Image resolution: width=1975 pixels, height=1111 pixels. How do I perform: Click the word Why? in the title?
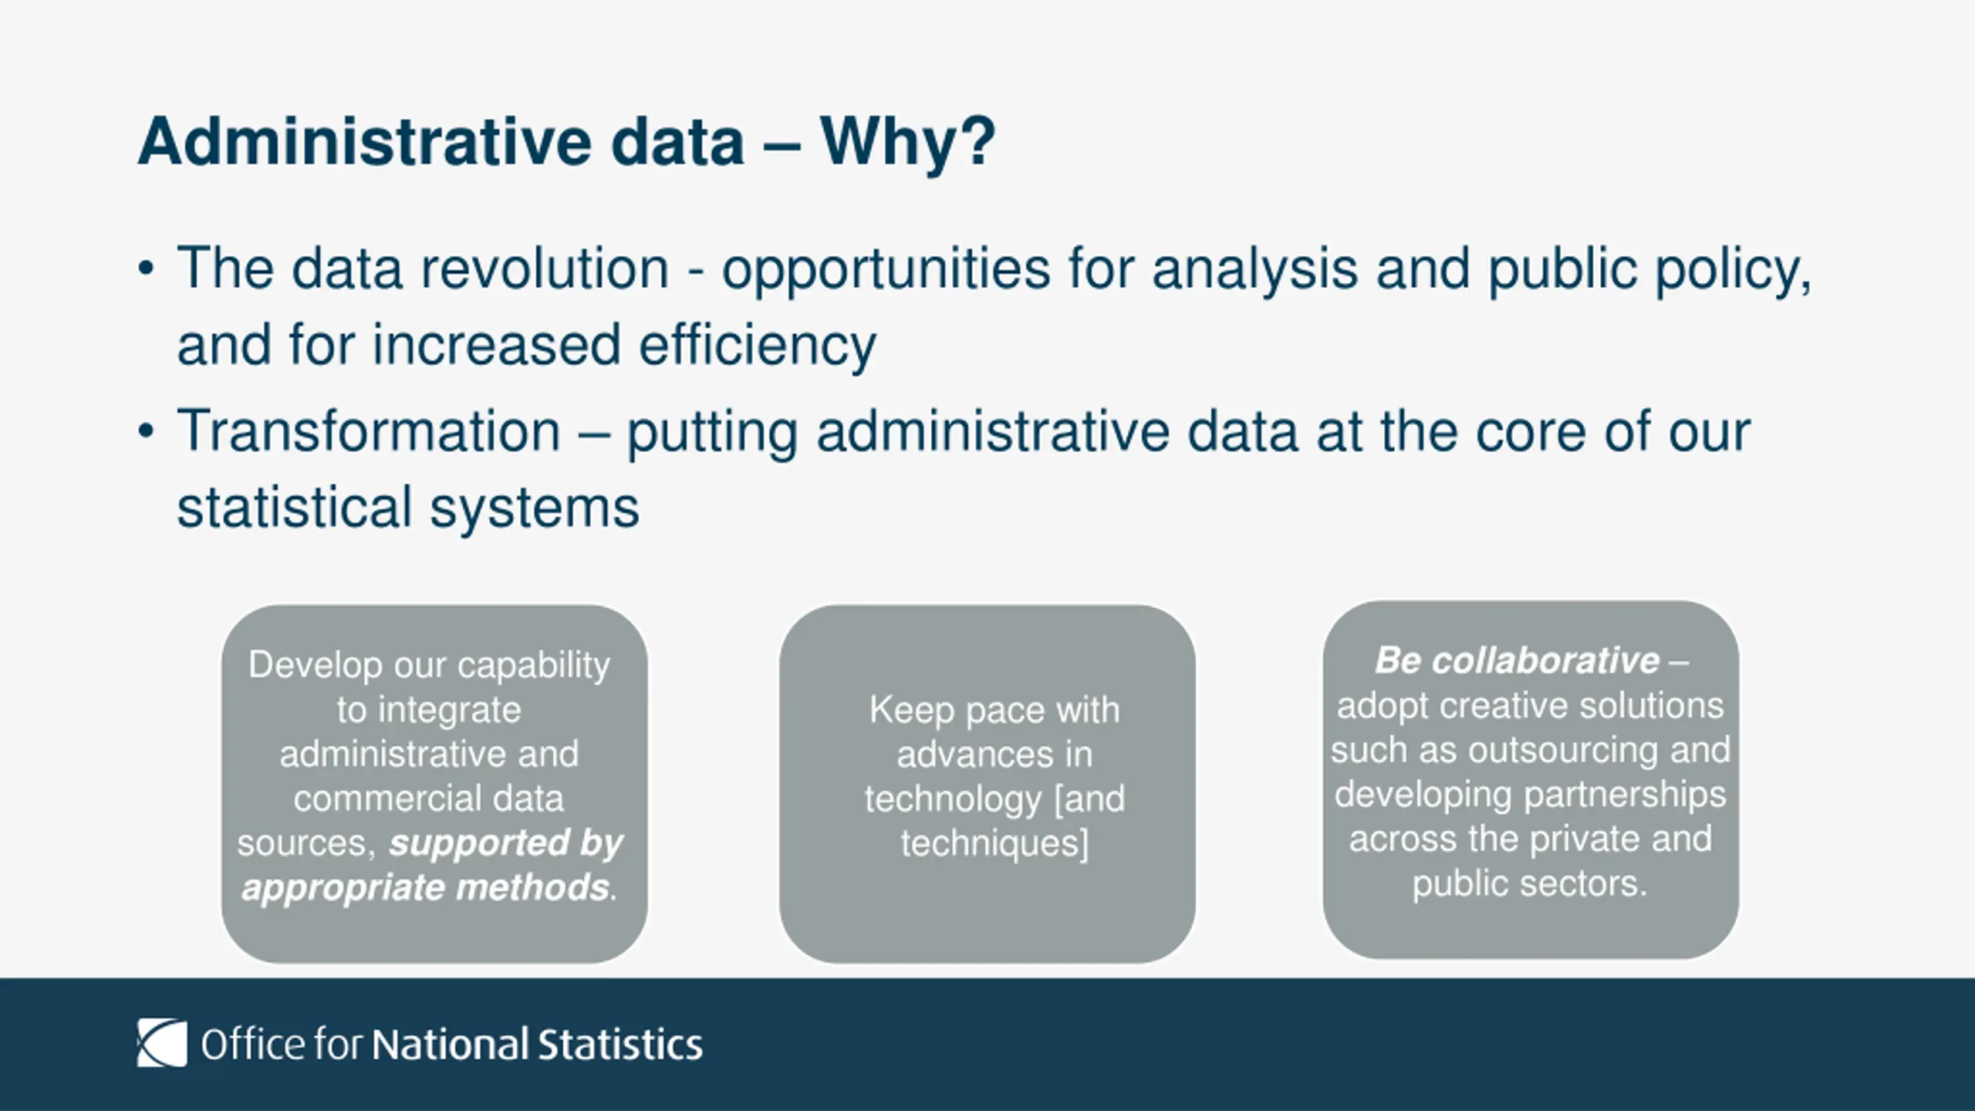(908, 143)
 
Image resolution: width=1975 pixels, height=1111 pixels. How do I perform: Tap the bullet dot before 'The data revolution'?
(147, 269)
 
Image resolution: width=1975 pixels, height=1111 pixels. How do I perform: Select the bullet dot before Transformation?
(147, 431)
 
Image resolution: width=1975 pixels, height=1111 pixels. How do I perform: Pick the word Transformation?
(369, 431)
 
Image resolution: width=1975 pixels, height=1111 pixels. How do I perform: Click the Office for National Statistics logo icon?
(162, 1043)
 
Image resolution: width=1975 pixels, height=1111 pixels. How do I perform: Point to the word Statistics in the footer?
(620, 1044)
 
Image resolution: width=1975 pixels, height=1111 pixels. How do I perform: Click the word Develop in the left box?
(316, 666)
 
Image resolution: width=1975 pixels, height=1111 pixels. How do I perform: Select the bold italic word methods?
(532, 887)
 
